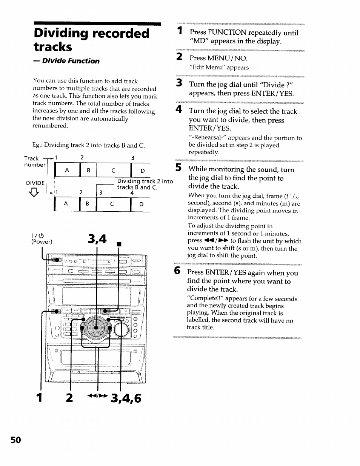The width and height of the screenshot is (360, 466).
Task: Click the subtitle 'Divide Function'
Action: tap(71, 61)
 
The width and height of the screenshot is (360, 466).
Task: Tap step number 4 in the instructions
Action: tap(179, 110)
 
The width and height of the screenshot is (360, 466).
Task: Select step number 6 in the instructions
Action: tap(177, 271)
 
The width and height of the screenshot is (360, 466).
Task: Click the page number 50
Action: tap(16, 440)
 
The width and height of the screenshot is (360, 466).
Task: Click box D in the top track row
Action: tap(142, 171)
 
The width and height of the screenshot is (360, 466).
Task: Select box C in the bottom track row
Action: tap(112, 204)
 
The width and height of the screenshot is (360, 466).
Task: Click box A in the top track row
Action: tap(67, 171)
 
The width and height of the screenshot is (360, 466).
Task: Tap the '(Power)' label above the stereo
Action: tap(42, 242)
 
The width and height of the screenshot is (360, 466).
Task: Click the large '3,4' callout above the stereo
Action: tap(97, 239)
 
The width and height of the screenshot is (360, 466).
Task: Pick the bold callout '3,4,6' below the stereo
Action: tap(126, 398)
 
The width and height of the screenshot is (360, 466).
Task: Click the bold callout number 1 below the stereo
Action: tap(39, 398)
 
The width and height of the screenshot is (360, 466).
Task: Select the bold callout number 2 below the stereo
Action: tap(69, 398)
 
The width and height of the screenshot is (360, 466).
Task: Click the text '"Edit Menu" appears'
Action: tap(219, 68)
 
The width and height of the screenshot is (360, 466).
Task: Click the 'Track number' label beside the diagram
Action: tap(34, 161)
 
